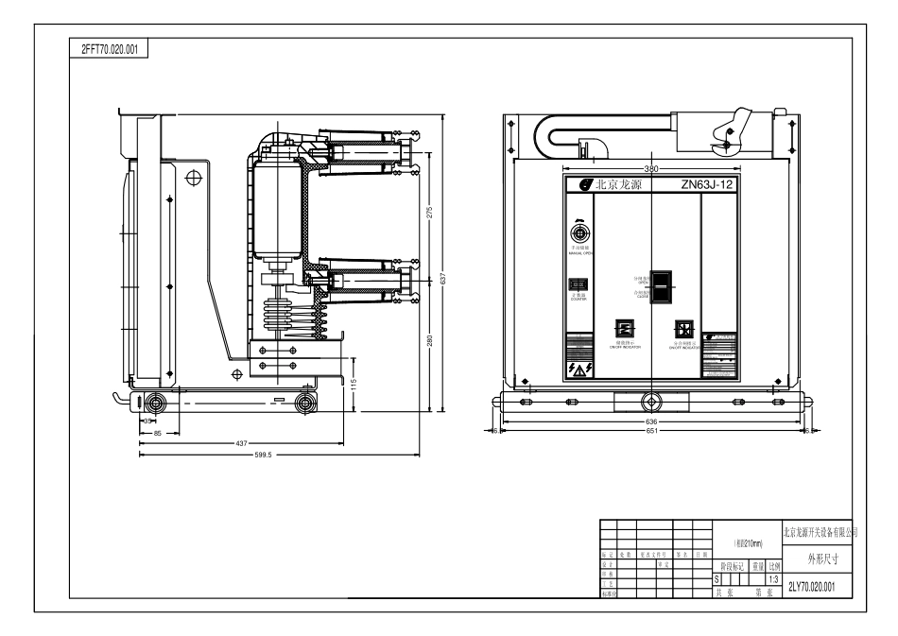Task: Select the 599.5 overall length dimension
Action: point(263,455)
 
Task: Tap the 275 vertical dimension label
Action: point(428,212)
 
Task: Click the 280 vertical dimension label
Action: point(428,341)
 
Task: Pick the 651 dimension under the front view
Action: point(651,431)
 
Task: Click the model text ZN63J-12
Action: point(707,185)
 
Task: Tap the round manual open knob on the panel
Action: point(579,233)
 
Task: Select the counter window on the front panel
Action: point(579,284)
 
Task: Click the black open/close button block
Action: point(662,286)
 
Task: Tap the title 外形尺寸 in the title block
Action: point(819,558)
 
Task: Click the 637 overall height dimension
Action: point(443,280)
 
